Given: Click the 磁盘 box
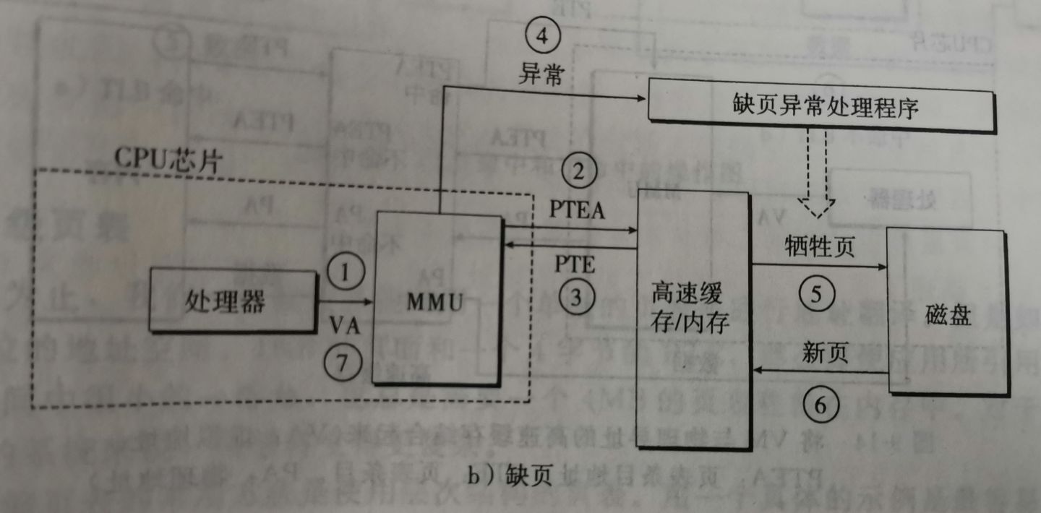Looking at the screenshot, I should pos(947,312).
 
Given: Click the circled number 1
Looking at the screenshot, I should pos(344,272).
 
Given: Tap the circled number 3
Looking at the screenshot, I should pos(576,297).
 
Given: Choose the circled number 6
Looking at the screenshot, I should pos(819,405).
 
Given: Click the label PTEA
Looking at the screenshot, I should pos(577,211).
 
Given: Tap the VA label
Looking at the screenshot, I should pos(344,323).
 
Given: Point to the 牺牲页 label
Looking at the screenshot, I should pos(819,248).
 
